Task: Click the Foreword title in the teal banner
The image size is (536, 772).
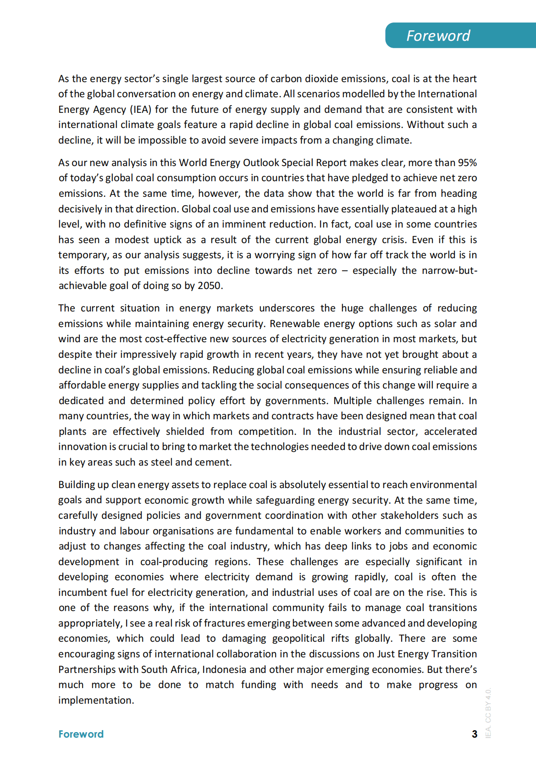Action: [438, 36]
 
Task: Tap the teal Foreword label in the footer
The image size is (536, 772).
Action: [81, 734]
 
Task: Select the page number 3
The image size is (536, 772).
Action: [475, 734]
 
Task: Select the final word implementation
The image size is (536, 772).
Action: [96, 700]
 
